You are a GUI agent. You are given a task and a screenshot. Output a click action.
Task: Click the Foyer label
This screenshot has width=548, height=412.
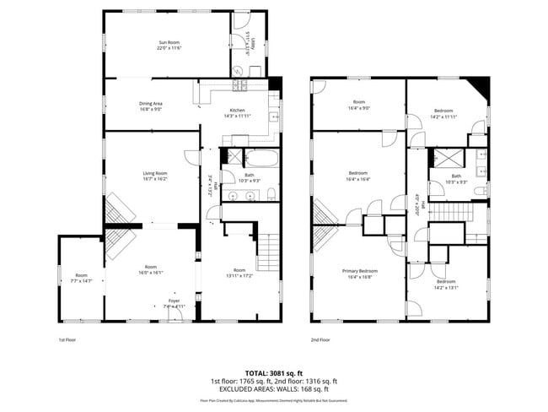coord(174,301)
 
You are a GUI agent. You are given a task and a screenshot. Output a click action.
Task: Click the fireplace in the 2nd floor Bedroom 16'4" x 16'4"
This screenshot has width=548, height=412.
coord(325,211)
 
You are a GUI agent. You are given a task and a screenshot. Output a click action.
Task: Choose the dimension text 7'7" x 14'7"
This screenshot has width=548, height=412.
coord(81,280)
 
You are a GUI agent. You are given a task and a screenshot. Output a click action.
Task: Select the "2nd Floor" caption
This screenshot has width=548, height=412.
coord(320,339)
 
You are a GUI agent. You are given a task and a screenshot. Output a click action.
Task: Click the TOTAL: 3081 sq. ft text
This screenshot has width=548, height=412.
coord(274,372)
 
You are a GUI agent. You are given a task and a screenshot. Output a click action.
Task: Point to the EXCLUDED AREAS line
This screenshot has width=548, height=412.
coord(274,389)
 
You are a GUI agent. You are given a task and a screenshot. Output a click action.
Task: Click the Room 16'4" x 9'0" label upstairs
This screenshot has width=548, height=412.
coord(358,104)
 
